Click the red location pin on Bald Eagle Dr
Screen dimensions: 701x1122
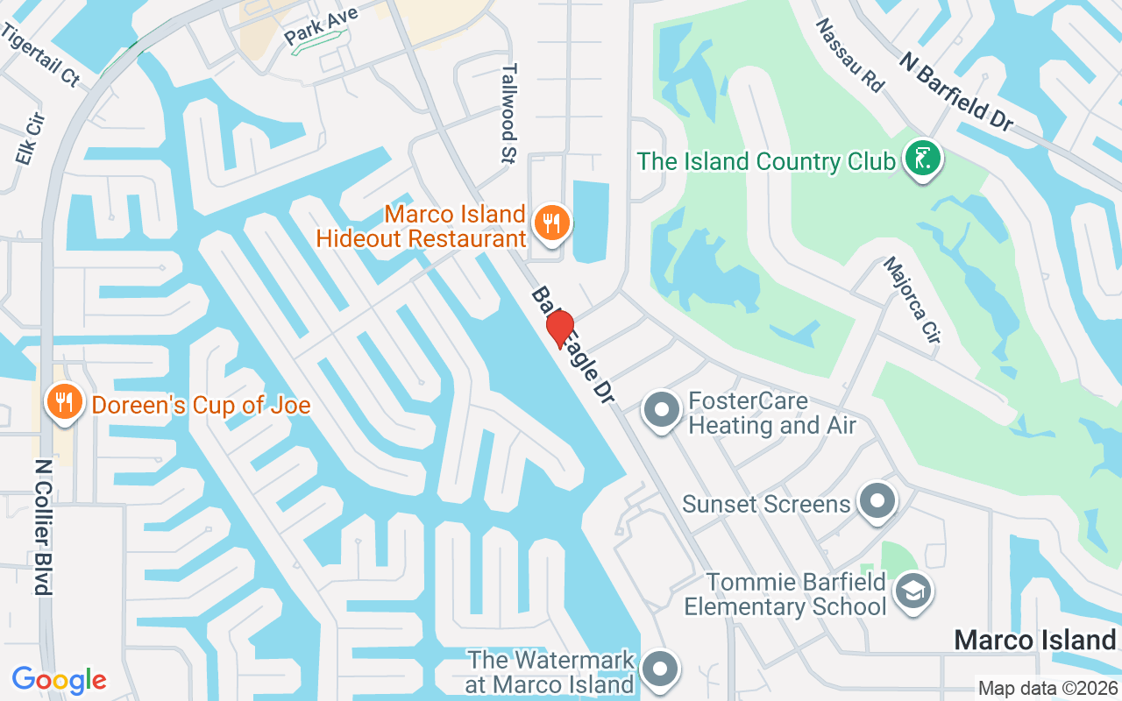[x=559, y=328]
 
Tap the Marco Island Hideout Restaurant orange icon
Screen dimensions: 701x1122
[x=550, y=223]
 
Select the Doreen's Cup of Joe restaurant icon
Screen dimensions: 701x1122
[x=64, y=402]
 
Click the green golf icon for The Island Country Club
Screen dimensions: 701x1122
[x=921, y=159]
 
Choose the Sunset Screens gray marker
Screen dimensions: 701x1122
[x=877, y=502]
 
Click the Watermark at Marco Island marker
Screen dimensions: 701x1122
[x=660, y=669]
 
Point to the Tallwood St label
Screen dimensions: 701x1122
[x=509, y=114]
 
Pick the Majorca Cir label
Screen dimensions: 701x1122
[x=912, y=300]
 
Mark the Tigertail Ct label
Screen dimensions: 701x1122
[x=41, y=55]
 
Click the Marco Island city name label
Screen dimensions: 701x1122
[x=1034, y=640]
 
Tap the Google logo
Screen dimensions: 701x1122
[x=60, y=679]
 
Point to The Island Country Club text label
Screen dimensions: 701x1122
[x=766, y=161]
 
